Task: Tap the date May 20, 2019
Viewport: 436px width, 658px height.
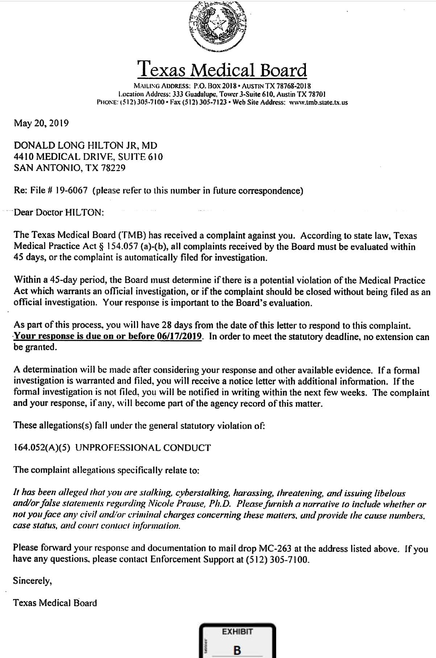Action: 41,123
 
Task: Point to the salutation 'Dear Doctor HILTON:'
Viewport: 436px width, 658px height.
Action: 59,213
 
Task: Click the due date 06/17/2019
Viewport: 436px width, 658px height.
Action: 179,336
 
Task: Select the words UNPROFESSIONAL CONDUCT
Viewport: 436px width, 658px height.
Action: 143,448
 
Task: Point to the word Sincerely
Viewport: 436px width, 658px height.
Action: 32,581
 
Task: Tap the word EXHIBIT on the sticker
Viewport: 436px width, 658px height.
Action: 237,632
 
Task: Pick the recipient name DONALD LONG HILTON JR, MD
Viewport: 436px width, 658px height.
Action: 86,146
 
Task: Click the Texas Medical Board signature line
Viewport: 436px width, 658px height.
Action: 55,603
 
